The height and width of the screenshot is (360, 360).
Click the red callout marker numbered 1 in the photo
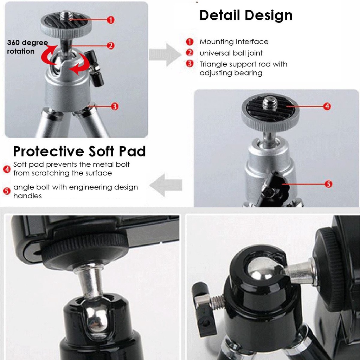110,20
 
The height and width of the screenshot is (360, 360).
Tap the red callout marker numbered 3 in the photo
114,106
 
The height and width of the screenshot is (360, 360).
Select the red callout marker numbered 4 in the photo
327,106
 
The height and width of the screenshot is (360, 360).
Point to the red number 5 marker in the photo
328,184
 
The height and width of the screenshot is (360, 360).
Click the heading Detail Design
246,15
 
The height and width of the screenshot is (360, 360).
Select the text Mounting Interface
234,42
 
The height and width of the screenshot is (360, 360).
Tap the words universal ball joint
231,53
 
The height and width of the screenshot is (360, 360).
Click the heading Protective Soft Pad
79,151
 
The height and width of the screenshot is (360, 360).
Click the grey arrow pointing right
163,55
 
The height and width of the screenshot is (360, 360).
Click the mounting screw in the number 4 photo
270,103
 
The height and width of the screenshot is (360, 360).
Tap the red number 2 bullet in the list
190,53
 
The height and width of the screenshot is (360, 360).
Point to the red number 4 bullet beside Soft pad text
7,169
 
